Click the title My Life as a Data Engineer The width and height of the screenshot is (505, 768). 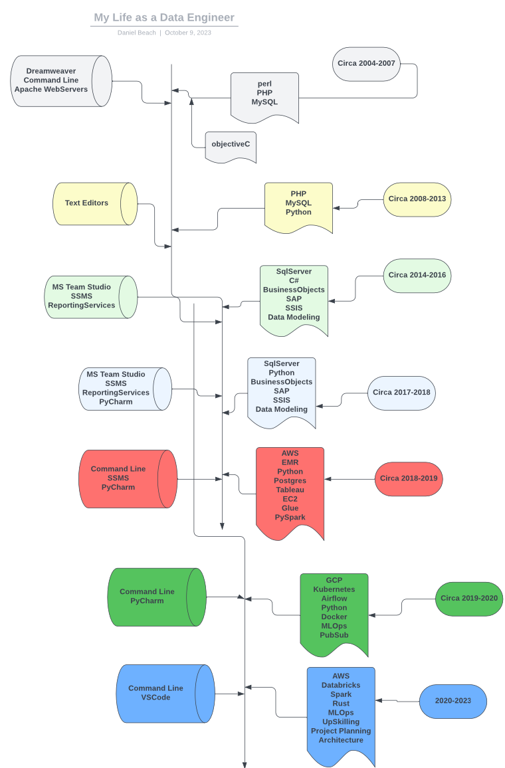[x=164, y=18]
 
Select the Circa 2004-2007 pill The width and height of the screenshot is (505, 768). [x=366, y=64]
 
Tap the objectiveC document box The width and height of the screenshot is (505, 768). [x=231, y=144]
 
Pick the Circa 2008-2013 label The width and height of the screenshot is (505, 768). [x=417, y=199]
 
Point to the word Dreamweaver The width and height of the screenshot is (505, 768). [x=51, y=71]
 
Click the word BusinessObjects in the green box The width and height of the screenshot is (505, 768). [x=294, y=290]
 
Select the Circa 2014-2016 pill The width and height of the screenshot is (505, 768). [x=417, y=275]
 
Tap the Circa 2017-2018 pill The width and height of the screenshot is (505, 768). [x=401, y=393]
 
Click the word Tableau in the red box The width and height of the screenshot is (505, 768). [x=290, y=490]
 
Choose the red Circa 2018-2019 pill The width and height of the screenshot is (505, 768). [x=408, y=478]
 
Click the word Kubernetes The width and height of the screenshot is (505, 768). [x=334, y=589]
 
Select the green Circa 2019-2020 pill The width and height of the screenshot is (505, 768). [x=468, y=599]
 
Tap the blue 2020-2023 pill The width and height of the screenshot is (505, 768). [x=453, y=701]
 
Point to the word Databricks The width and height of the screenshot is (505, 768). [x=340, y=685]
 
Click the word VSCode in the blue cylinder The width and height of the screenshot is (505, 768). [x=155, y=698]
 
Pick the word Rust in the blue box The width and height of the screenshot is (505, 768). [x=340, y=704]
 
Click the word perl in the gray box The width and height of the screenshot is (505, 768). [x=264, y=84]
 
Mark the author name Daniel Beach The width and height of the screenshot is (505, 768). [x=137, y=33]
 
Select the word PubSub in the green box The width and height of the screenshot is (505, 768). [x=334, y=635]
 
